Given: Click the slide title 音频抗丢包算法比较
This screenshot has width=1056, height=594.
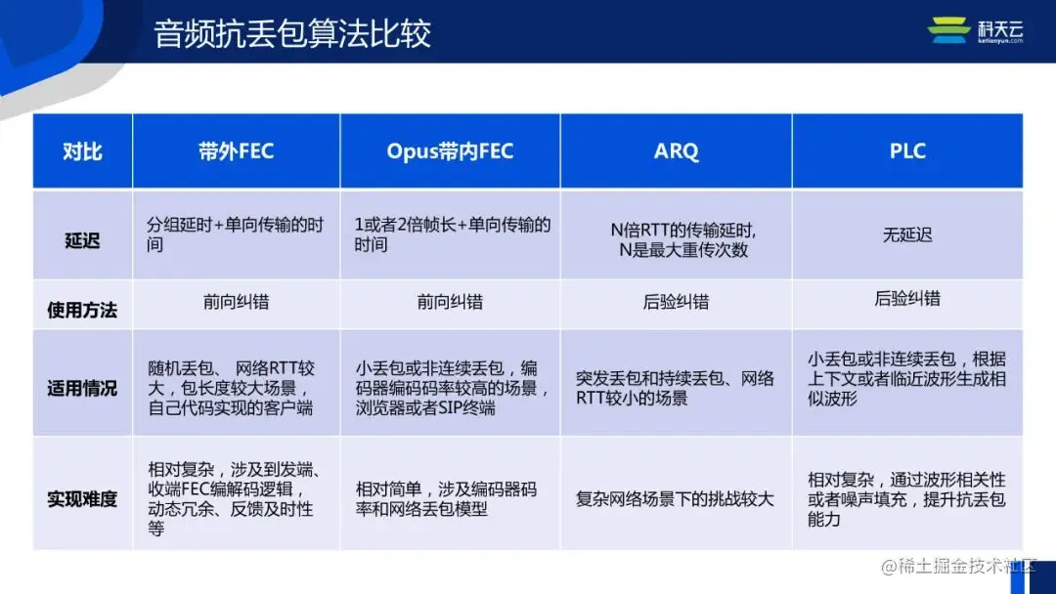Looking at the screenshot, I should point(292,33).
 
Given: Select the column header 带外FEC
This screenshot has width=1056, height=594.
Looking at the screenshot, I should point(236,151).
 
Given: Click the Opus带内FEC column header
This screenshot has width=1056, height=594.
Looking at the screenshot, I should point(450,151).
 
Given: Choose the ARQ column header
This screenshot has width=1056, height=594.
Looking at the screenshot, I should point(676,151).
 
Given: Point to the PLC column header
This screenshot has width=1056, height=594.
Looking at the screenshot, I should point(907,151).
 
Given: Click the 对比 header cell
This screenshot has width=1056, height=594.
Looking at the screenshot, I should point(82,151).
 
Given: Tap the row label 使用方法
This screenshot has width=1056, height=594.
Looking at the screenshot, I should point(82,310).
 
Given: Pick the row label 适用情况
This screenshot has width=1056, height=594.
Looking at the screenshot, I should point(82,388).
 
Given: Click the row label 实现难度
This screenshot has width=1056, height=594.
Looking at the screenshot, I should point(82,499).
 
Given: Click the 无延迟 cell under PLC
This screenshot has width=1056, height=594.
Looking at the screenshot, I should point(907,235).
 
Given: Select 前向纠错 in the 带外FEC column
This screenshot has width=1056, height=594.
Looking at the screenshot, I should point(236,302).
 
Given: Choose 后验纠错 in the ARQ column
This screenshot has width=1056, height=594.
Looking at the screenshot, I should point(676,302).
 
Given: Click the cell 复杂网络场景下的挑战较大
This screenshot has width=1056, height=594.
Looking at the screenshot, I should point(675,499).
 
